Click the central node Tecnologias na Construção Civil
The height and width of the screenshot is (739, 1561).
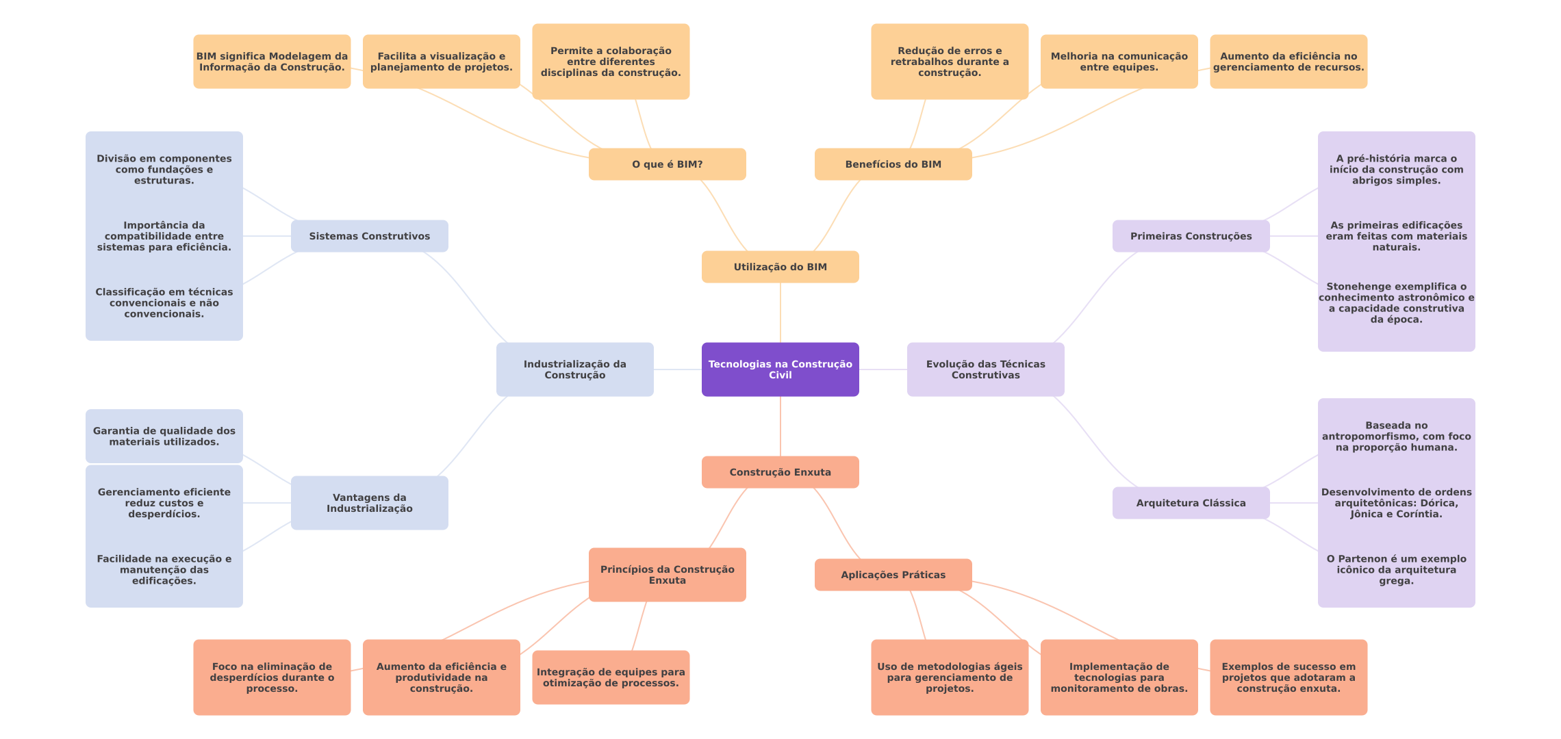coord(780,369)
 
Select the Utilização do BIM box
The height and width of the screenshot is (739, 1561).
coord(780,267)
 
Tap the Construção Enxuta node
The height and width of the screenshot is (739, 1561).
coord(780,472)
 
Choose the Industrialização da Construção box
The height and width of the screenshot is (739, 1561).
coord(575,369)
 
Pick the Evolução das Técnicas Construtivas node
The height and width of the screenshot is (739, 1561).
coord(986,369)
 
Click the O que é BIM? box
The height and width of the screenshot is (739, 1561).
coord(668,164)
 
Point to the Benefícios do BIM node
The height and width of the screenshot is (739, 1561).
coord(893,164)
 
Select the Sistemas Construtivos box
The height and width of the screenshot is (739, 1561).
coord(370,236)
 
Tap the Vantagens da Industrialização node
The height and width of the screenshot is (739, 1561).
coord(370,503)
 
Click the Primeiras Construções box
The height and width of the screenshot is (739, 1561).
coord(1191,236)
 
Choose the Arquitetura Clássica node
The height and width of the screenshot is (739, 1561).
coord(1191,503)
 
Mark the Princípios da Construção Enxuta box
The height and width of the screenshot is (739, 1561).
coord(668,575)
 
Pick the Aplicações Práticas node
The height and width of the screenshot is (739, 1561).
coord(893,575)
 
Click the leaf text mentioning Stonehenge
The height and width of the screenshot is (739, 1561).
coord(1397,303)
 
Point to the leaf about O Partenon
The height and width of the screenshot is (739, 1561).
coord(1397,570)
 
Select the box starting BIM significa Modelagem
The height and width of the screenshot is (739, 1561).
coord(272,62)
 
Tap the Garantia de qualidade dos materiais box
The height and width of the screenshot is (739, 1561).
coord(164,437)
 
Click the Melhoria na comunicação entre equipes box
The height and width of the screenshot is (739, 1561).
coord(1119,62)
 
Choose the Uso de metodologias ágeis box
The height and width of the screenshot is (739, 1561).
coord(950,677)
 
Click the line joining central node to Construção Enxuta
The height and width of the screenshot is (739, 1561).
coord(780,426)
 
